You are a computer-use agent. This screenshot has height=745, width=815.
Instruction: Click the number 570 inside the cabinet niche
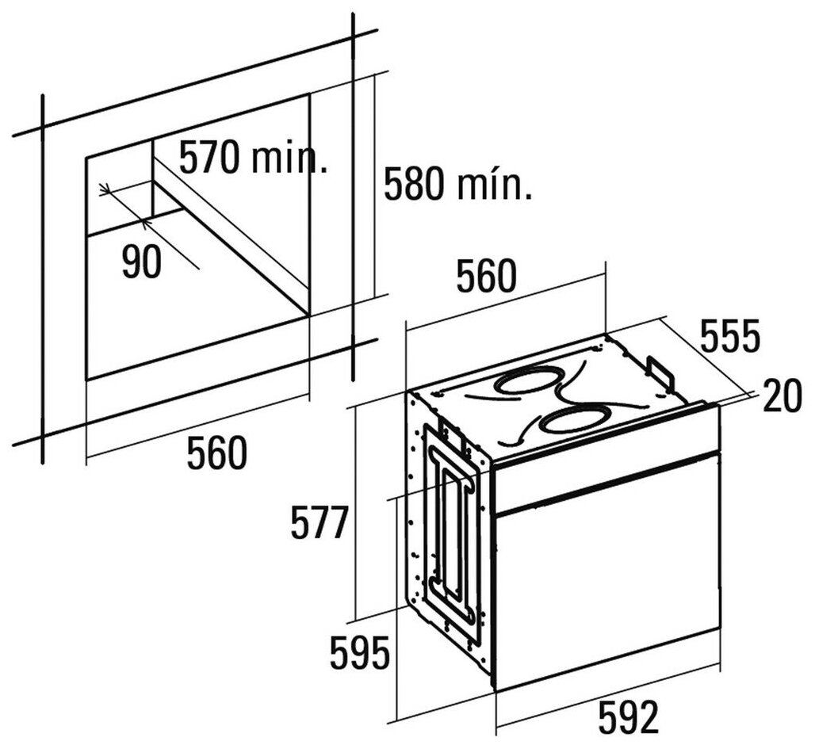209,158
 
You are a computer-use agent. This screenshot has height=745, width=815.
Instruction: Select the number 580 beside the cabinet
415,184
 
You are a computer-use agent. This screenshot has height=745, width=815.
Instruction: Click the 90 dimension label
142,263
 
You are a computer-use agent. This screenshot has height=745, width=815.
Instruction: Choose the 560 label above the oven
487,277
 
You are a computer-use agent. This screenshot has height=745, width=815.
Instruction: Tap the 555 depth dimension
730,337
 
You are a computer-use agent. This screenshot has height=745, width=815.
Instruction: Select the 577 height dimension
319,524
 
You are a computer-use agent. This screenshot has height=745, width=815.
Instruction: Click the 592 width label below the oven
627,719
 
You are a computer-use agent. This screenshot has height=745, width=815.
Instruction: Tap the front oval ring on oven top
577,420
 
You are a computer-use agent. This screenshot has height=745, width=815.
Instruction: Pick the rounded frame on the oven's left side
452,539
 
